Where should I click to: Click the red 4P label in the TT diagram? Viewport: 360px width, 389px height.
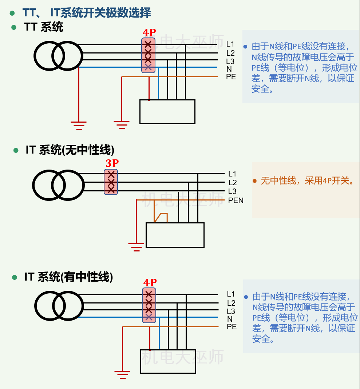click(149, 33)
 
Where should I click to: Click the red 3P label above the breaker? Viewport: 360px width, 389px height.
click(112, 164)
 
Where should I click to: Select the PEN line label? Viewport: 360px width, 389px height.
click(236, 201)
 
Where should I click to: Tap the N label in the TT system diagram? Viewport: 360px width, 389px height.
click(229, 69)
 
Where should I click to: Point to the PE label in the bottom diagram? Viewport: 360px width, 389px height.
click(232, 327)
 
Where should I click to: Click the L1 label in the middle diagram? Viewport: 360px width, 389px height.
click(232, 174)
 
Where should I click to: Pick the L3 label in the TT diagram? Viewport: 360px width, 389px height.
click(230, 61)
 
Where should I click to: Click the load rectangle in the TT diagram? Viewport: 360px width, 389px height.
click(167, 111)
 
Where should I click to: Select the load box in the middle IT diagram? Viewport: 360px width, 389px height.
click(175, 235)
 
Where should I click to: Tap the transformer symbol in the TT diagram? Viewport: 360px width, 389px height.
click(59, 56)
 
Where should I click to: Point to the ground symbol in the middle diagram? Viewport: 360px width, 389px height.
click(136, 247)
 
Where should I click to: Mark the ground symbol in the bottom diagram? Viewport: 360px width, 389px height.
click(123, 375)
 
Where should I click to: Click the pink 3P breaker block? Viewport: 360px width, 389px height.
click(111, 182)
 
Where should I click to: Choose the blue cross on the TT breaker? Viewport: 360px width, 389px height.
click(148, 67)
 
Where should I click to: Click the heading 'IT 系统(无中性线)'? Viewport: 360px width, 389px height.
click(70, 150)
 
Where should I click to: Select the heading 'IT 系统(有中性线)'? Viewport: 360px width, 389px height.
click(69, 277)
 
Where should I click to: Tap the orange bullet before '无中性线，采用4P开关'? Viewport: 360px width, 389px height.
click(255, 181)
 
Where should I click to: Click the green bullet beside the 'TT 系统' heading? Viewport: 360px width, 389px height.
click(14, 27)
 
